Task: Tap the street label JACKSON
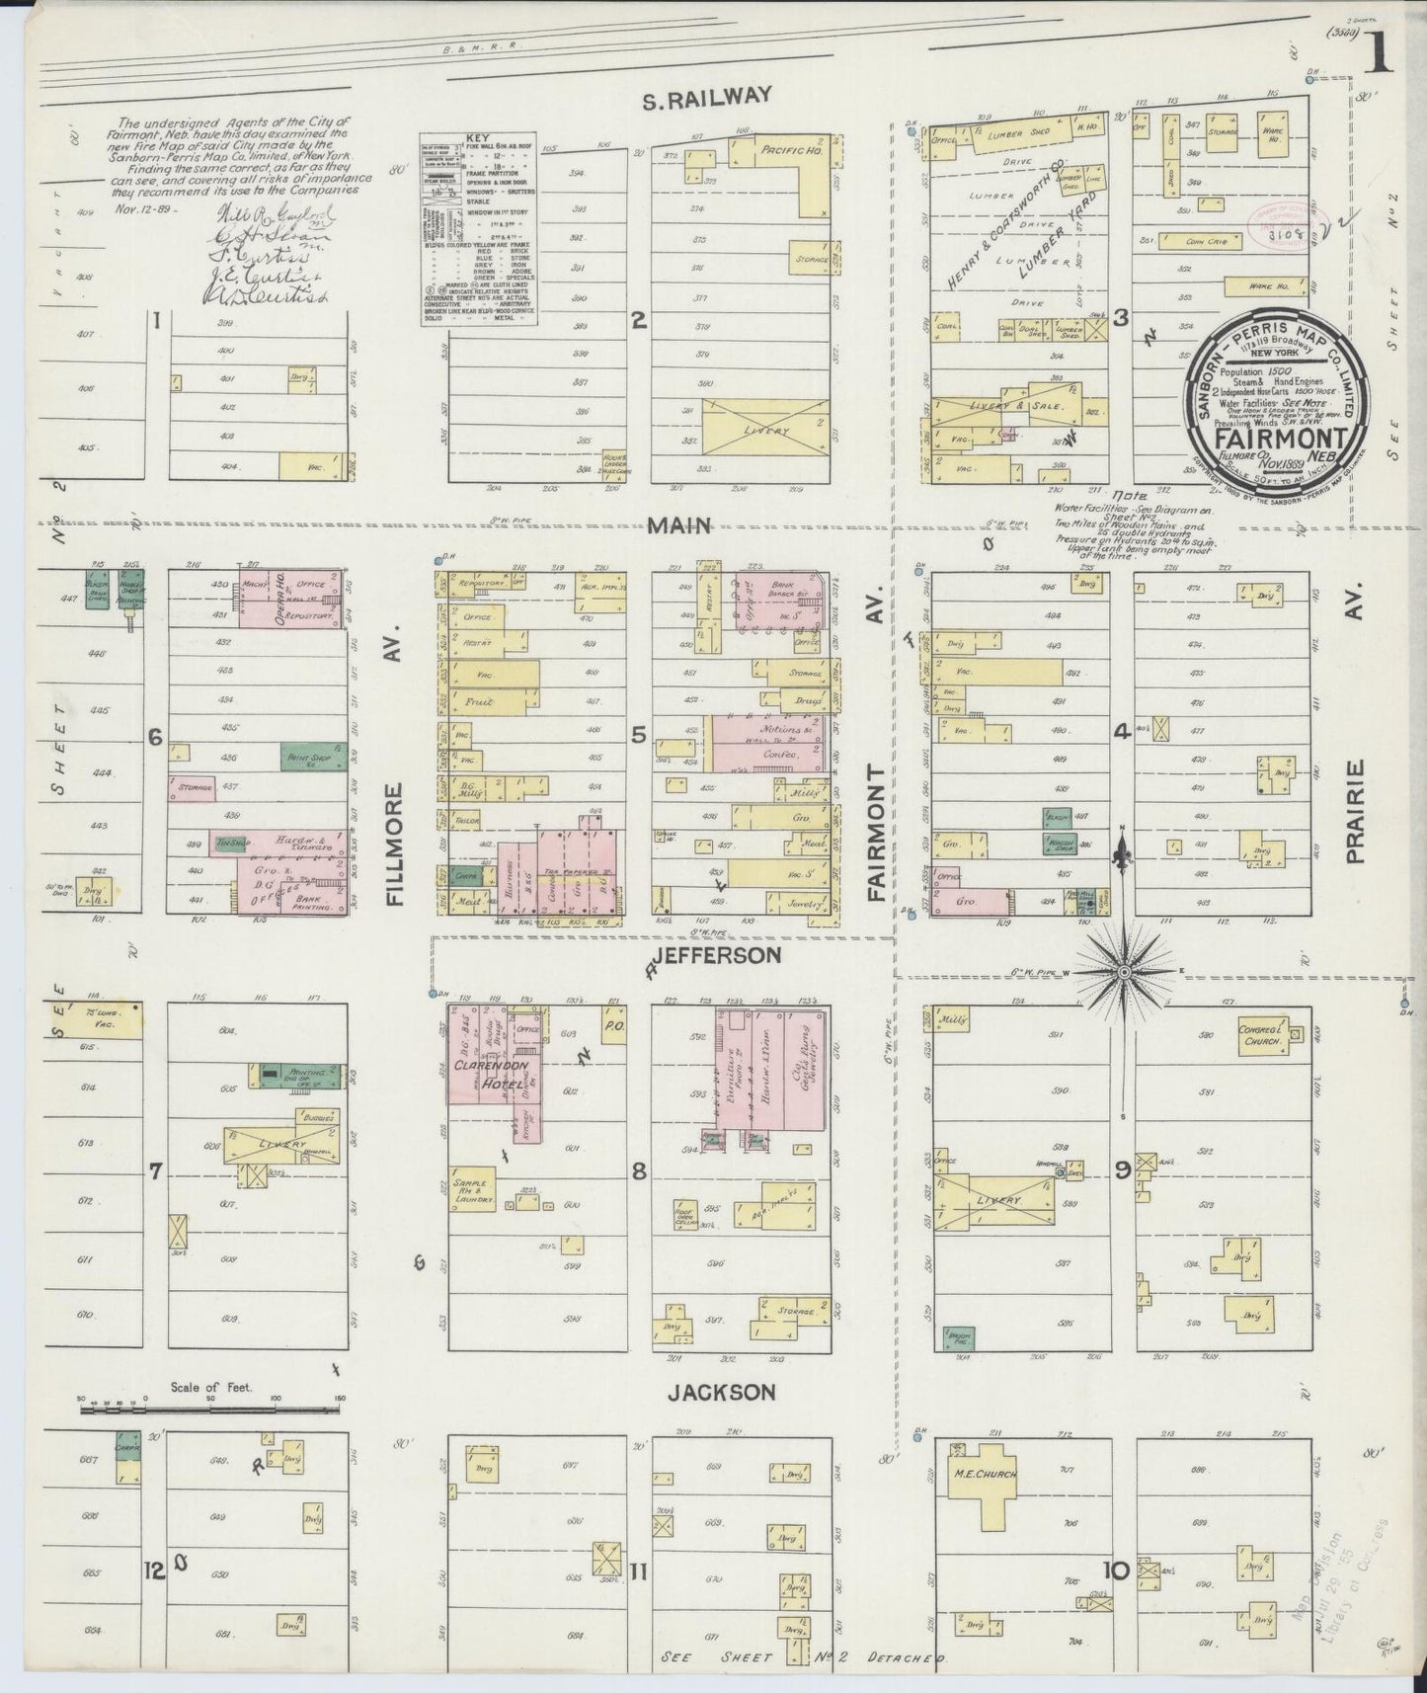720,1393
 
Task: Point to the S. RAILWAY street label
705,95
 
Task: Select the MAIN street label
679,526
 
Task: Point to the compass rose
1123,973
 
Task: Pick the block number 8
639,1171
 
